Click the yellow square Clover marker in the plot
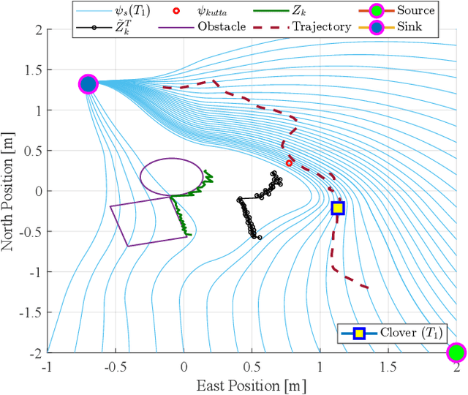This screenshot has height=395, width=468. pos(337,208)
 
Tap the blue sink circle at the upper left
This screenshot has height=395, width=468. pos(88,84)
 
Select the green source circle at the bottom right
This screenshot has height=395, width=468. pos(456,353)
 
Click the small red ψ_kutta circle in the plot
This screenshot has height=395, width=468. pos(289,163)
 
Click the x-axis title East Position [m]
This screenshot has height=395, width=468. pos(251,384)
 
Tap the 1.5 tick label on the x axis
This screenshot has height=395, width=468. pos(388,366)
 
